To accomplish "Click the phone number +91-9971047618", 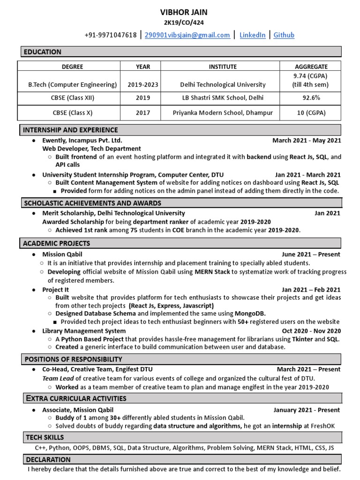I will (111, 35).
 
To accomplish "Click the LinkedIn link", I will (252, 35).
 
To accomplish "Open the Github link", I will (284, 35).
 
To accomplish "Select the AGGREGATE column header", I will (311, 67).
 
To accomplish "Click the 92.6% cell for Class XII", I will (311, 98).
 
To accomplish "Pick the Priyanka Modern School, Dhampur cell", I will (223, 112).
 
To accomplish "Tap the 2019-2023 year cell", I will (143, 85).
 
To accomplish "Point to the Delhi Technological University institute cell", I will (223, 85).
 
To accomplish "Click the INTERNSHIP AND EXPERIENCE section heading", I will (71, 130).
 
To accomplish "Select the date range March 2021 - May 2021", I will (307, 140).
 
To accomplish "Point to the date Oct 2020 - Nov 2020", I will (311, 331).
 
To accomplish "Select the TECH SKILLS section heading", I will (45, 437).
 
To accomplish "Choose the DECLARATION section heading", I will (48, 459).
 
